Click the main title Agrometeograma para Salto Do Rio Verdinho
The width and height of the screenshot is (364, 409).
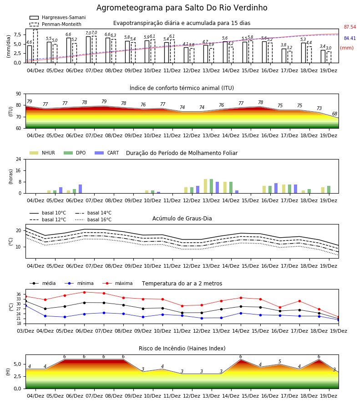click(182, 8)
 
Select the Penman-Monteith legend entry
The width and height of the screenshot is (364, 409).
click(56, 24)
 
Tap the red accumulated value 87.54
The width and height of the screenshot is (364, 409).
click(349, 27)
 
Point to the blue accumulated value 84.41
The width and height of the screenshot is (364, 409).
click(349, 38)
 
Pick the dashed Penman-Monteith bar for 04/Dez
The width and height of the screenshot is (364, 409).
click(35, 46)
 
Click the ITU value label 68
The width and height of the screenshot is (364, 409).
click(334, 114)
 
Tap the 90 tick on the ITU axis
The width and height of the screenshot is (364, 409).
click(19, 94)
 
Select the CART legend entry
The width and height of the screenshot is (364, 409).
click(107, 153)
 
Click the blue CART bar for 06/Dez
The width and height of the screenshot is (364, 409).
click(81, 189)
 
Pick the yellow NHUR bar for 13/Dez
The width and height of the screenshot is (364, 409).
click(206, 186)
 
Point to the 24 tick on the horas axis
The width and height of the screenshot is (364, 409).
click(19, 159)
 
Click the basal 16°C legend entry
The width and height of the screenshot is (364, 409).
click(93, 219)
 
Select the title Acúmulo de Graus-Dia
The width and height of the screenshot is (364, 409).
click(182, 218)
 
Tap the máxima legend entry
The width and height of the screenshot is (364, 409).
click(117, 283)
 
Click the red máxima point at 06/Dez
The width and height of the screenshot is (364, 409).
click(84, 292)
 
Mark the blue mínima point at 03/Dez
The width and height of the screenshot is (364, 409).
click(25, 305)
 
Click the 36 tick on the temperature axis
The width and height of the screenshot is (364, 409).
click(19, 294)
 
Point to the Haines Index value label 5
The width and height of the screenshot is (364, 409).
click(280, 361)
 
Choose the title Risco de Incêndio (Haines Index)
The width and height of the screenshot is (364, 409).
click(182, 348)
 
